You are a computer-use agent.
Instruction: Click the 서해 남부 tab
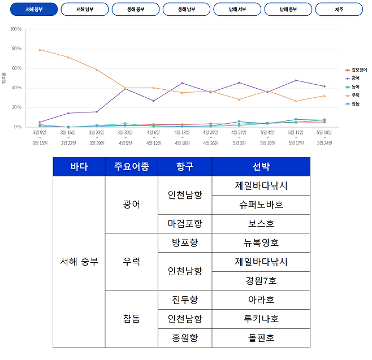[85, 10]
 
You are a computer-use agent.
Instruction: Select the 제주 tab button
[339, 10]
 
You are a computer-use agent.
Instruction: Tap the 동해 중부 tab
[136, 10]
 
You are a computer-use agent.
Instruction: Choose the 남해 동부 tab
[288, 10]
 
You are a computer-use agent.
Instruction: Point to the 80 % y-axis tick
[16, 49]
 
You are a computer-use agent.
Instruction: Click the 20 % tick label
[16, 107]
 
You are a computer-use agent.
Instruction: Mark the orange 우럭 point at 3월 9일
[40, 50]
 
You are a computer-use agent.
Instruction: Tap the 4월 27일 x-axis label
[239, 132]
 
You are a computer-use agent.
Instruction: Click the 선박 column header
[261, 167]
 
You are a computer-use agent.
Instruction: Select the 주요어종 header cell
[132, 167]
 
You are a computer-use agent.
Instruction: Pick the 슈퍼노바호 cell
[261, 204]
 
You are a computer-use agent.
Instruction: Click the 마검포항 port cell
[185, 223]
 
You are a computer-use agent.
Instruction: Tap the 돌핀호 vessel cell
[261, 338]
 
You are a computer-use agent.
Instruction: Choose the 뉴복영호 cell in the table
[261, 242]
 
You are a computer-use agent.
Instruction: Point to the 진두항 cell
[185, 300]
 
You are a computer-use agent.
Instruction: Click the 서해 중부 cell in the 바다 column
[79, 262]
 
